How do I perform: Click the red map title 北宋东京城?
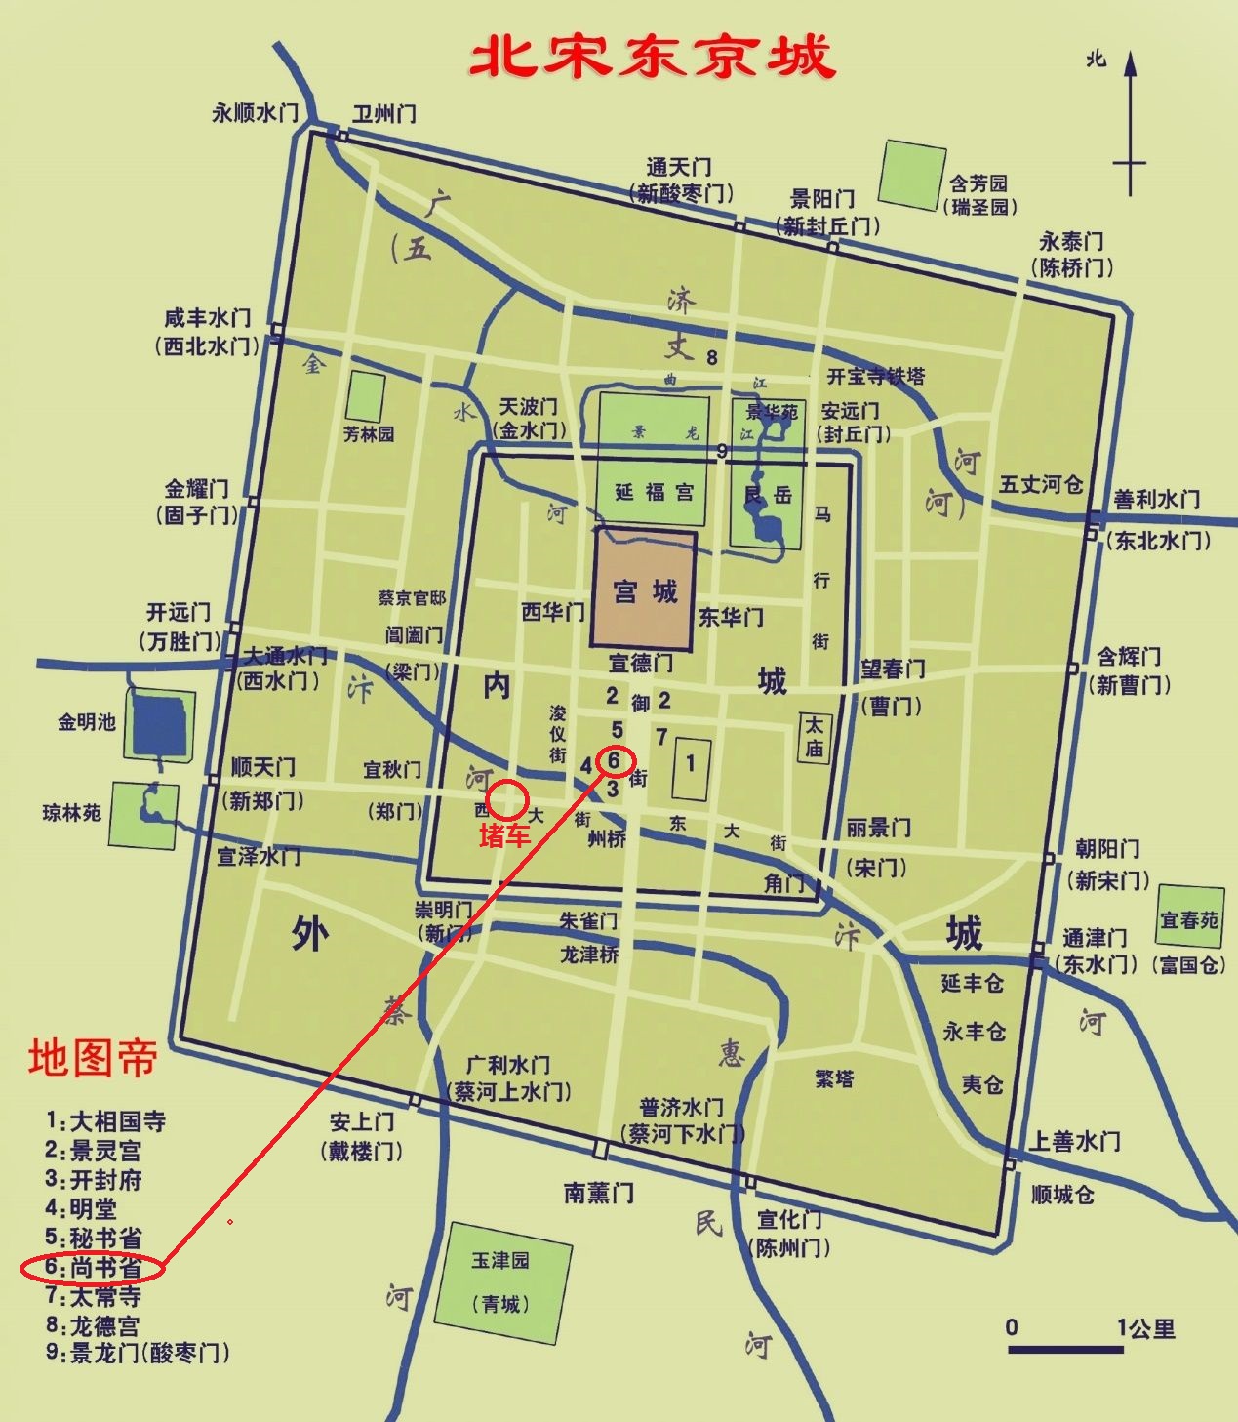click(652, 57)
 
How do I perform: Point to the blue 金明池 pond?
click(159, 724)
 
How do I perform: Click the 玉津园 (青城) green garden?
click(500, 1281)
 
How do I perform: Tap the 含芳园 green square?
click(912, 175)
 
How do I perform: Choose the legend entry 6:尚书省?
click(94, 1268)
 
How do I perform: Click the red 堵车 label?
click(504, 835)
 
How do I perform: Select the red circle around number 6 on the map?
click(614, 760)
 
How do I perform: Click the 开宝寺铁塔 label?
click(876, 377)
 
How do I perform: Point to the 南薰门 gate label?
click(599, 1192)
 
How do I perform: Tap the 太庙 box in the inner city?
click(814, 736)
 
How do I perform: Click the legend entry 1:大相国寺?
click(106, 1121)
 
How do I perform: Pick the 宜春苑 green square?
click(1189, 918)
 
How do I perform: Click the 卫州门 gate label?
click(383, 113)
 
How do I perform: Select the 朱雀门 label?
click(587, 920)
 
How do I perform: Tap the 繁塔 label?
click(834, 1078)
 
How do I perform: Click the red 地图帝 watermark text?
click(93, 1058)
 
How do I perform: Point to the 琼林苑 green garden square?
click(143, 814)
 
